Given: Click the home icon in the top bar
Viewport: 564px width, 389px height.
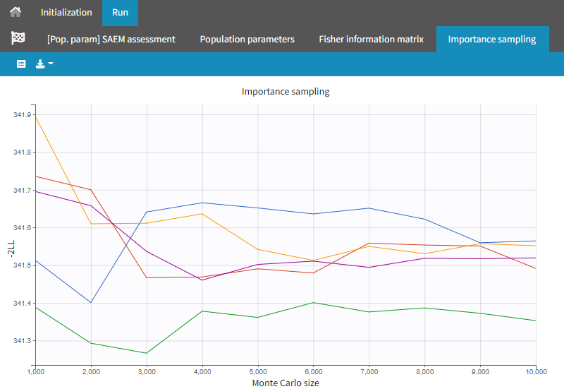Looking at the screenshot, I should tap(15, 13).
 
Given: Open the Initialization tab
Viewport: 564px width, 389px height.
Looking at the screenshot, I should tap(66, 13).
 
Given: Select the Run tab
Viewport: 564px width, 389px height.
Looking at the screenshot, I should tap(120, 13).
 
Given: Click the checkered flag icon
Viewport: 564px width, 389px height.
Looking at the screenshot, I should tap(18, 38).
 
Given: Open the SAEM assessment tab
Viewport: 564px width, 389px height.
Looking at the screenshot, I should tap(111, 39).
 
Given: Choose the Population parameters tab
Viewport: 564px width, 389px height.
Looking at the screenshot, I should tap(247, 39).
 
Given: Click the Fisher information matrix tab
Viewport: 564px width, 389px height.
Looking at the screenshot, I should tap(371, 39).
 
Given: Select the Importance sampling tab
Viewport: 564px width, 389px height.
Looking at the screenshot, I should tap(492, 39).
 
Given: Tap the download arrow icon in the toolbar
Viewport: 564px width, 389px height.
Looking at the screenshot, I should tap(44, 64).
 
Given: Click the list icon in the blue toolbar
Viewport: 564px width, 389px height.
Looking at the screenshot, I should tap(21, 64).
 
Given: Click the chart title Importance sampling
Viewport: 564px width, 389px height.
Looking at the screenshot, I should tap(286, 91).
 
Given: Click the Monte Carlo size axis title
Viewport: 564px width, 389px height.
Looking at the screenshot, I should tap(285, 383).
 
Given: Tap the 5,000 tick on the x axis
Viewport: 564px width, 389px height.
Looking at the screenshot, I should tap(257, 371).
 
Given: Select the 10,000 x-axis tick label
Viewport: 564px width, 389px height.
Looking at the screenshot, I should tap(535, 371).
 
